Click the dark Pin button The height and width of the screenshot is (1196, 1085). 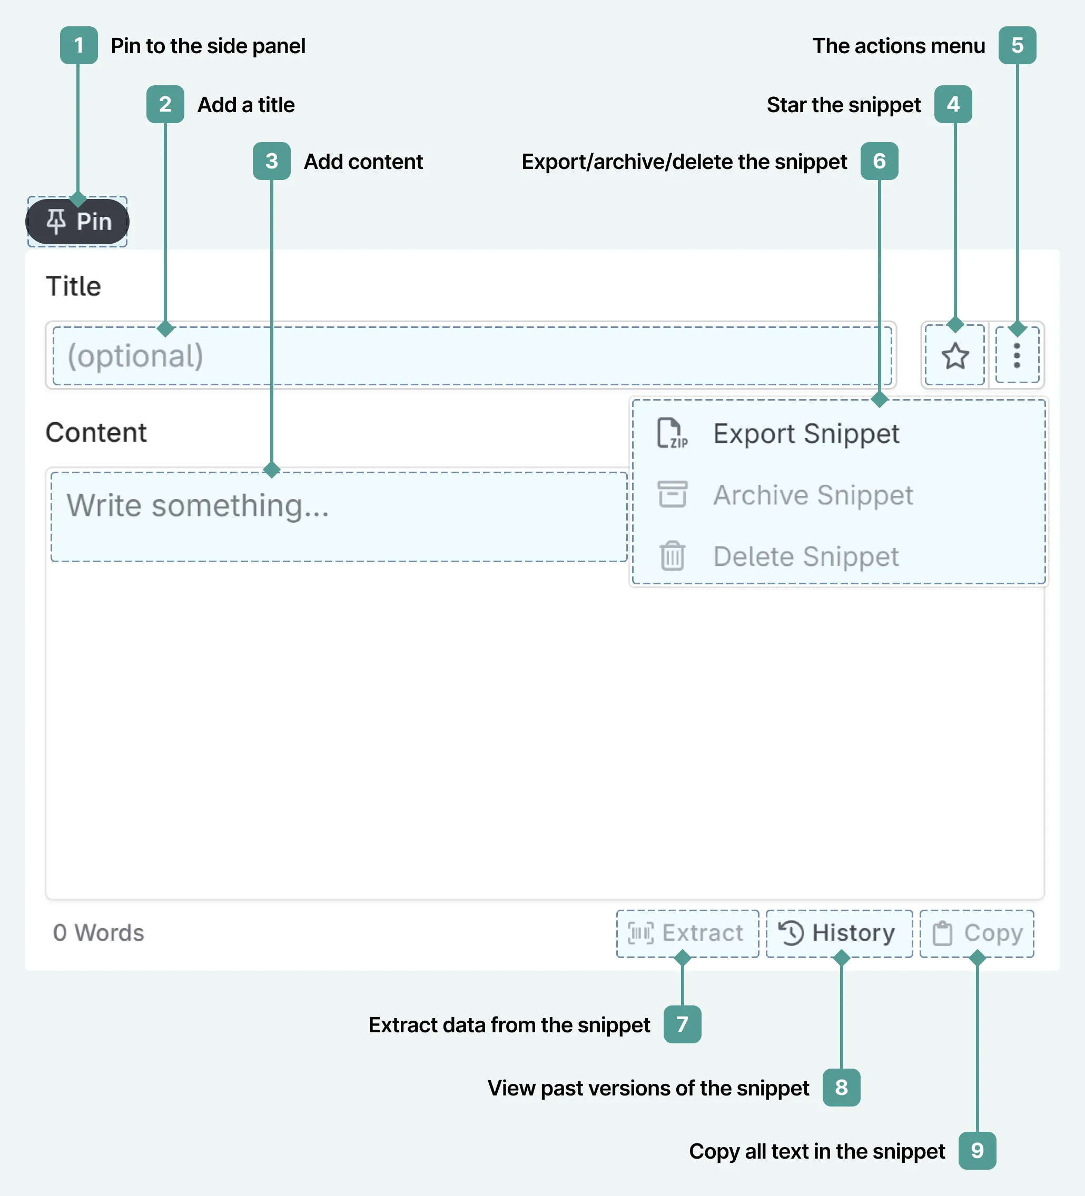pos(78,221)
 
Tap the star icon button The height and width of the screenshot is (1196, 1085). pos(955,356)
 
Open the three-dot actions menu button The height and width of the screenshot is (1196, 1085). pos(1017,355)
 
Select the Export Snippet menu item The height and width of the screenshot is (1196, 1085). pos(805,434)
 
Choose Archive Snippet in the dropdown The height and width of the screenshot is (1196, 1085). pos(813,495)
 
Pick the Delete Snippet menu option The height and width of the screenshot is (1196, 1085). pos(805,556)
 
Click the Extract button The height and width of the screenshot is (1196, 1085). pos(687,933)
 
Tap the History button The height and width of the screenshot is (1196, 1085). pos(839,933)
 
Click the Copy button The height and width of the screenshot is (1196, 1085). pos(977,933)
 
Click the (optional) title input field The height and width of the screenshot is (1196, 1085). pos(472,356)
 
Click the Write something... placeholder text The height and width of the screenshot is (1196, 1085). pos(198,506)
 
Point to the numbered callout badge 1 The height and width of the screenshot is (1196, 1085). pos(78,45)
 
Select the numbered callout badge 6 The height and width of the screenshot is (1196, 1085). pos(879,161)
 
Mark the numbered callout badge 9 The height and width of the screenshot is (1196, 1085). pos(977,1151)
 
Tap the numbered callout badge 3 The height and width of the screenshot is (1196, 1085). pos(271,161)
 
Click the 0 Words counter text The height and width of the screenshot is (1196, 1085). pos(98,933)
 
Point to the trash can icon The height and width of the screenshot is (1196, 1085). pos(672,556)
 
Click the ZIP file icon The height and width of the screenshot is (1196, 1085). pos(672,433)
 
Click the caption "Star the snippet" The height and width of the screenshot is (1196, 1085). pos(843,105)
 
